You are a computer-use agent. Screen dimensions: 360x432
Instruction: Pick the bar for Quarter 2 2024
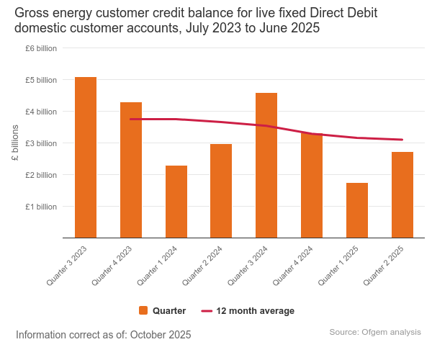[x=221, y=191]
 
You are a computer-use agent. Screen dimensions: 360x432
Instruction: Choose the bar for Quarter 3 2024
[x=266, y=165]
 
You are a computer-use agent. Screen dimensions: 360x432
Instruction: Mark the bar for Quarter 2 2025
[x=402, y=194]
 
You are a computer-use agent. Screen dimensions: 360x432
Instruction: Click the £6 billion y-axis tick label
[x=41, y=48]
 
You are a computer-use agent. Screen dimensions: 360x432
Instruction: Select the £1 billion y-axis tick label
[x=41, y=207]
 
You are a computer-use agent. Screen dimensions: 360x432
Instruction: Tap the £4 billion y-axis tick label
[x=41, y=112]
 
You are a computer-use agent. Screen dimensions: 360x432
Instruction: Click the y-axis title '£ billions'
[x=15, y=143]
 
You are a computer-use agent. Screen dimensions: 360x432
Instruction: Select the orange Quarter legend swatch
[x=143, y=310]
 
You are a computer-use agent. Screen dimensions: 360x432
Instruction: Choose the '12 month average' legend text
[x=255, y=310]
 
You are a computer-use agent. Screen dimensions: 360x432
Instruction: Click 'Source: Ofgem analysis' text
[x=375, y=332]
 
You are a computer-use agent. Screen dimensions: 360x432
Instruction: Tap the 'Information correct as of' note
[x=103, y=335]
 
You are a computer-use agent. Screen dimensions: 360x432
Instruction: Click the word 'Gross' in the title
[x=33, y=14]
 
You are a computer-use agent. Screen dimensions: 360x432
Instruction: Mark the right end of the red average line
[x=402, y=140]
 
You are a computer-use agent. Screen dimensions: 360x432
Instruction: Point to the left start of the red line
[x=130, y=119]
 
